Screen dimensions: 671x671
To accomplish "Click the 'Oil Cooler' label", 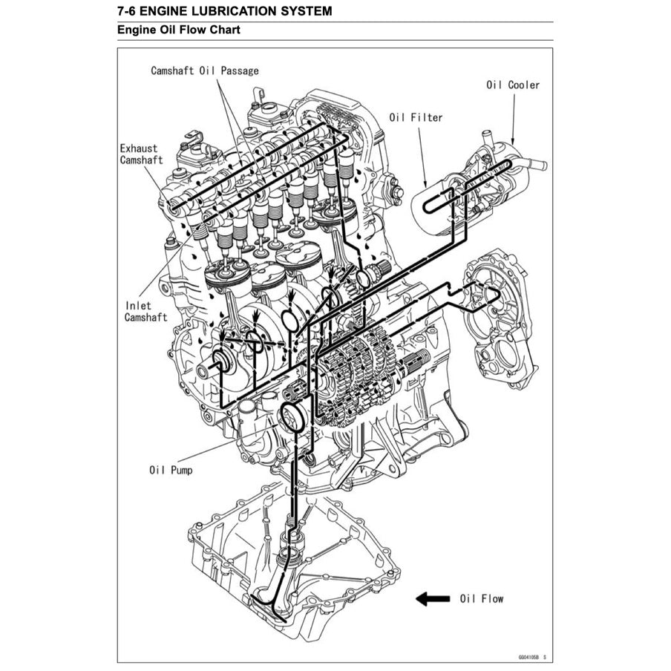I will (513, 85).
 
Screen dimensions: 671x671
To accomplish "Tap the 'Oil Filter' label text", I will (416, 117).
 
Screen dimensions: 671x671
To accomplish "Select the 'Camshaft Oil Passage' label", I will (205, 71).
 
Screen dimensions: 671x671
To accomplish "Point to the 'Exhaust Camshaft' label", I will (141, 154).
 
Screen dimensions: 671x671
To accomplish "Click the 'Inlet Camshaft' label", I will (145, 311).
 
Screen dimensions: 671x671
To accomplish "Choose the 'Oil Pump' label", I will (171, 470).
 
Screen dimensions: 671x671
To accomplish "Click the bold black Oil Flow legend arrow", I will (432, 598).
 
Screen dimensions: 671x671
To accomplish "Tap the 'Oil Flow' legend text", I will (481, 598).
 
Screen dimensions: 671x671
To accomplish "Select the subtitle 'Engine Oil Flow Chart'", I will (178, 31).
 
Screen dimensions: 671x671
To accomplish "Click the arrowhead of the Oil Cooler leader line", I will (512, 143).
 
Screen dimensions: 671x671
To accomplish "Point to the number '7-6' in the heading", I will (127, 11).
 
